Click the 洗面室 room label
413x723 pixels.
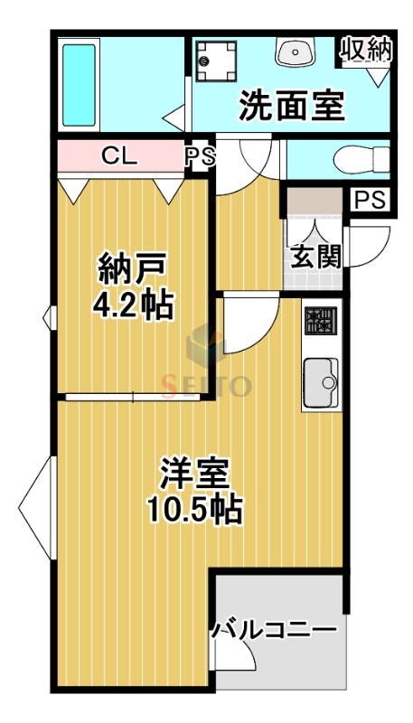[292, 106]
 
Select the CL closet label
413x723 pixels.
[119, 155]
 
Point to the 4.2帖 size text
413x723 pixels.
[134, 305]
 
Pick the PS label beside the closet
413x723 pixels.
[201, 156]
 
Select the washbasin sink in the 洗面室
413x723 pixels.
[294, 52]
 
